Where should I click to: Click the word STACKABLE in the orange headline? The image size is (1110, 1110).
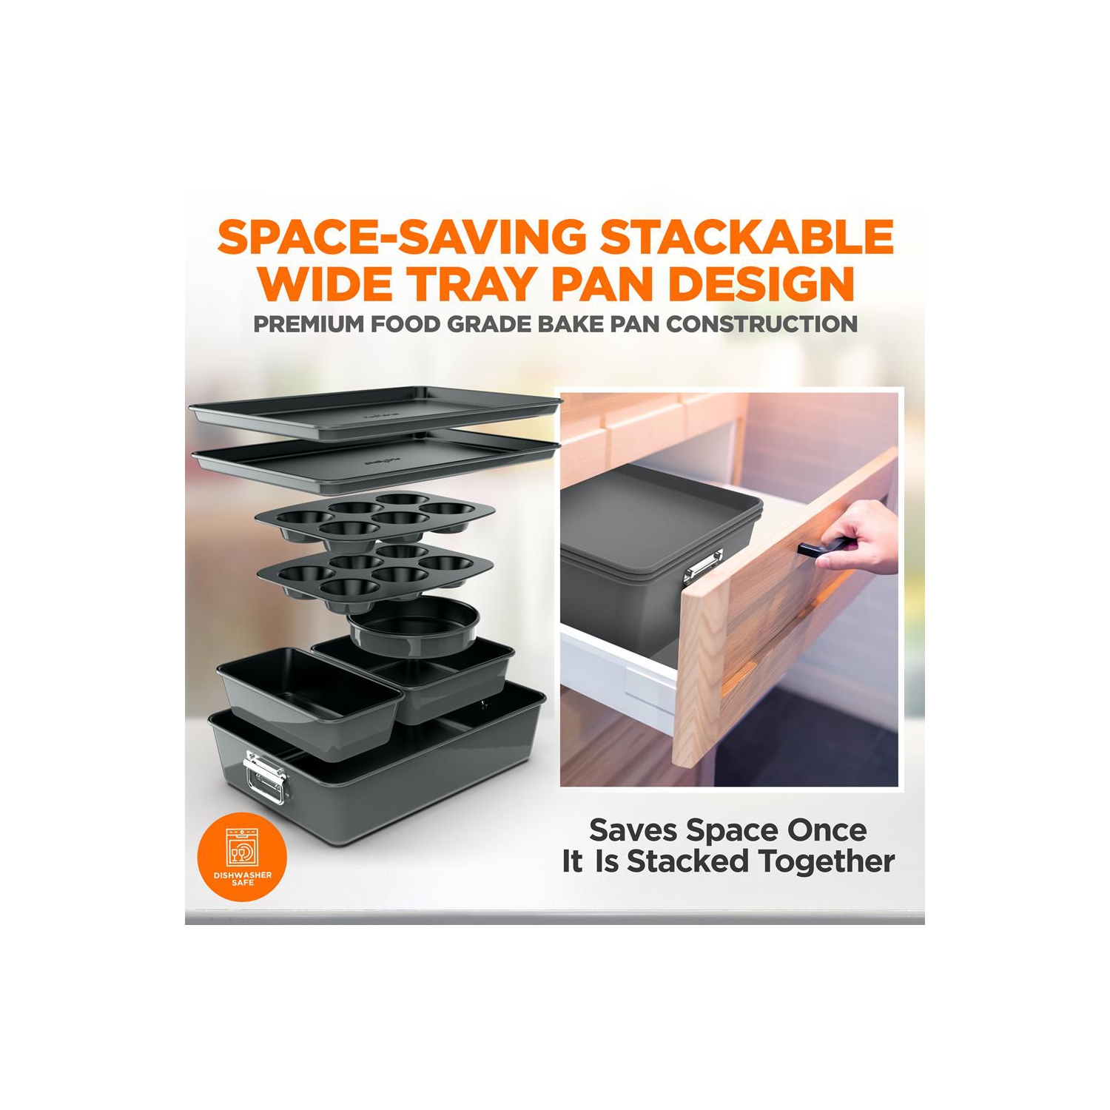[x=747, y=237]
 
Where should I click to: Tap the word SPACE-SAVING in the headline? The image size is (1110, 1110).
[x=400, y=237]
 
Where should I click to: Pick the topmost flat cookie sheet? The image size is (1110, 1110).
[x=375, y=415]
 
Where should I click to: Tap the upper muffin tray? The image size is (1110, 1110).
[x=374, y=519]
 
